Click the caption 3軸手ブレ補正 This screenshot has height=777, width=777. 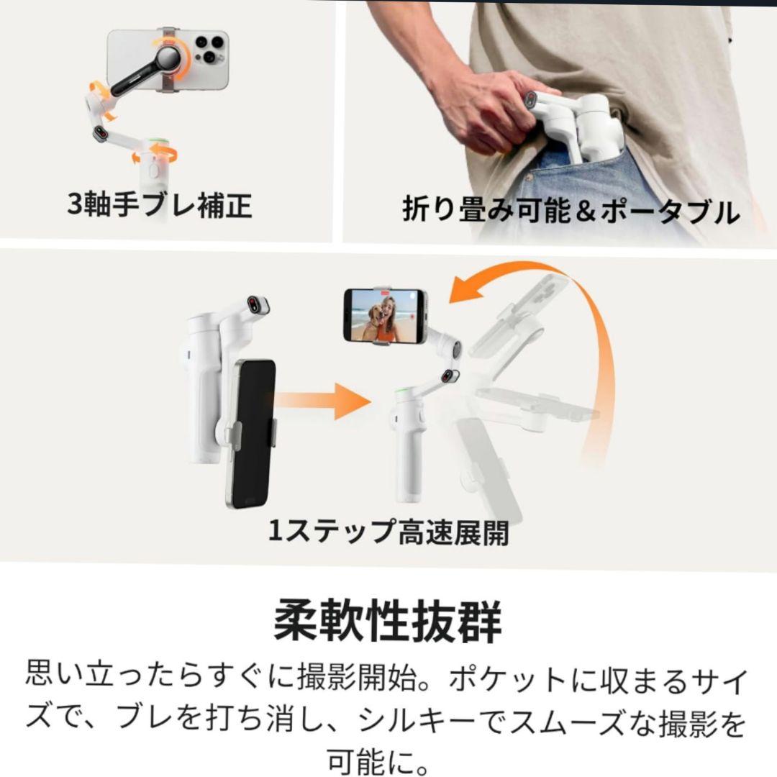159,205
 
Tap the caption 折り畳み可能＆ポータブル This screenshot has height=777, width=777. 571,212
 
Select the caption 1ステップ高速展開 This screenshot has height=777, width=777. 388,532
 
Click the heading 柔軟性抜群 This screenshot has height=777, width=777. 388,622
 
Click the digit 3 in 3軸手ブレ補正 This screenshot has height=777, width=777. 76,206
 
